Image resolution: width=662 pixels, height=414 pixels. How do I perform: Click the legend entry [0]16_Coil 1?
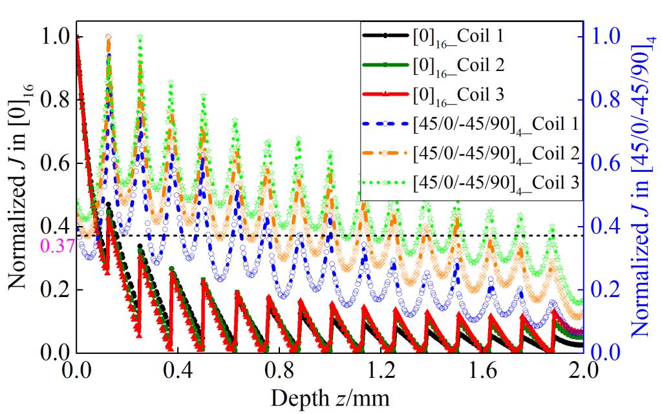click(458, 36)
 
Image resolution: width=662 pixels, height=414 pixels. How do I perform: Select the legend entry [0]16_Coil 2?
click(458, 65)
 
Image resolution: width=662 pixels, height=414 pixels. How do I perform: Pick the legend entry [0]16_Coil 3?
click(458, 94)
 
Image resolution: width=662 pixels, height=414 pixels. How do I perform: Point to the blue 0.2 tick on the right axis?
click(604, 290)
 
